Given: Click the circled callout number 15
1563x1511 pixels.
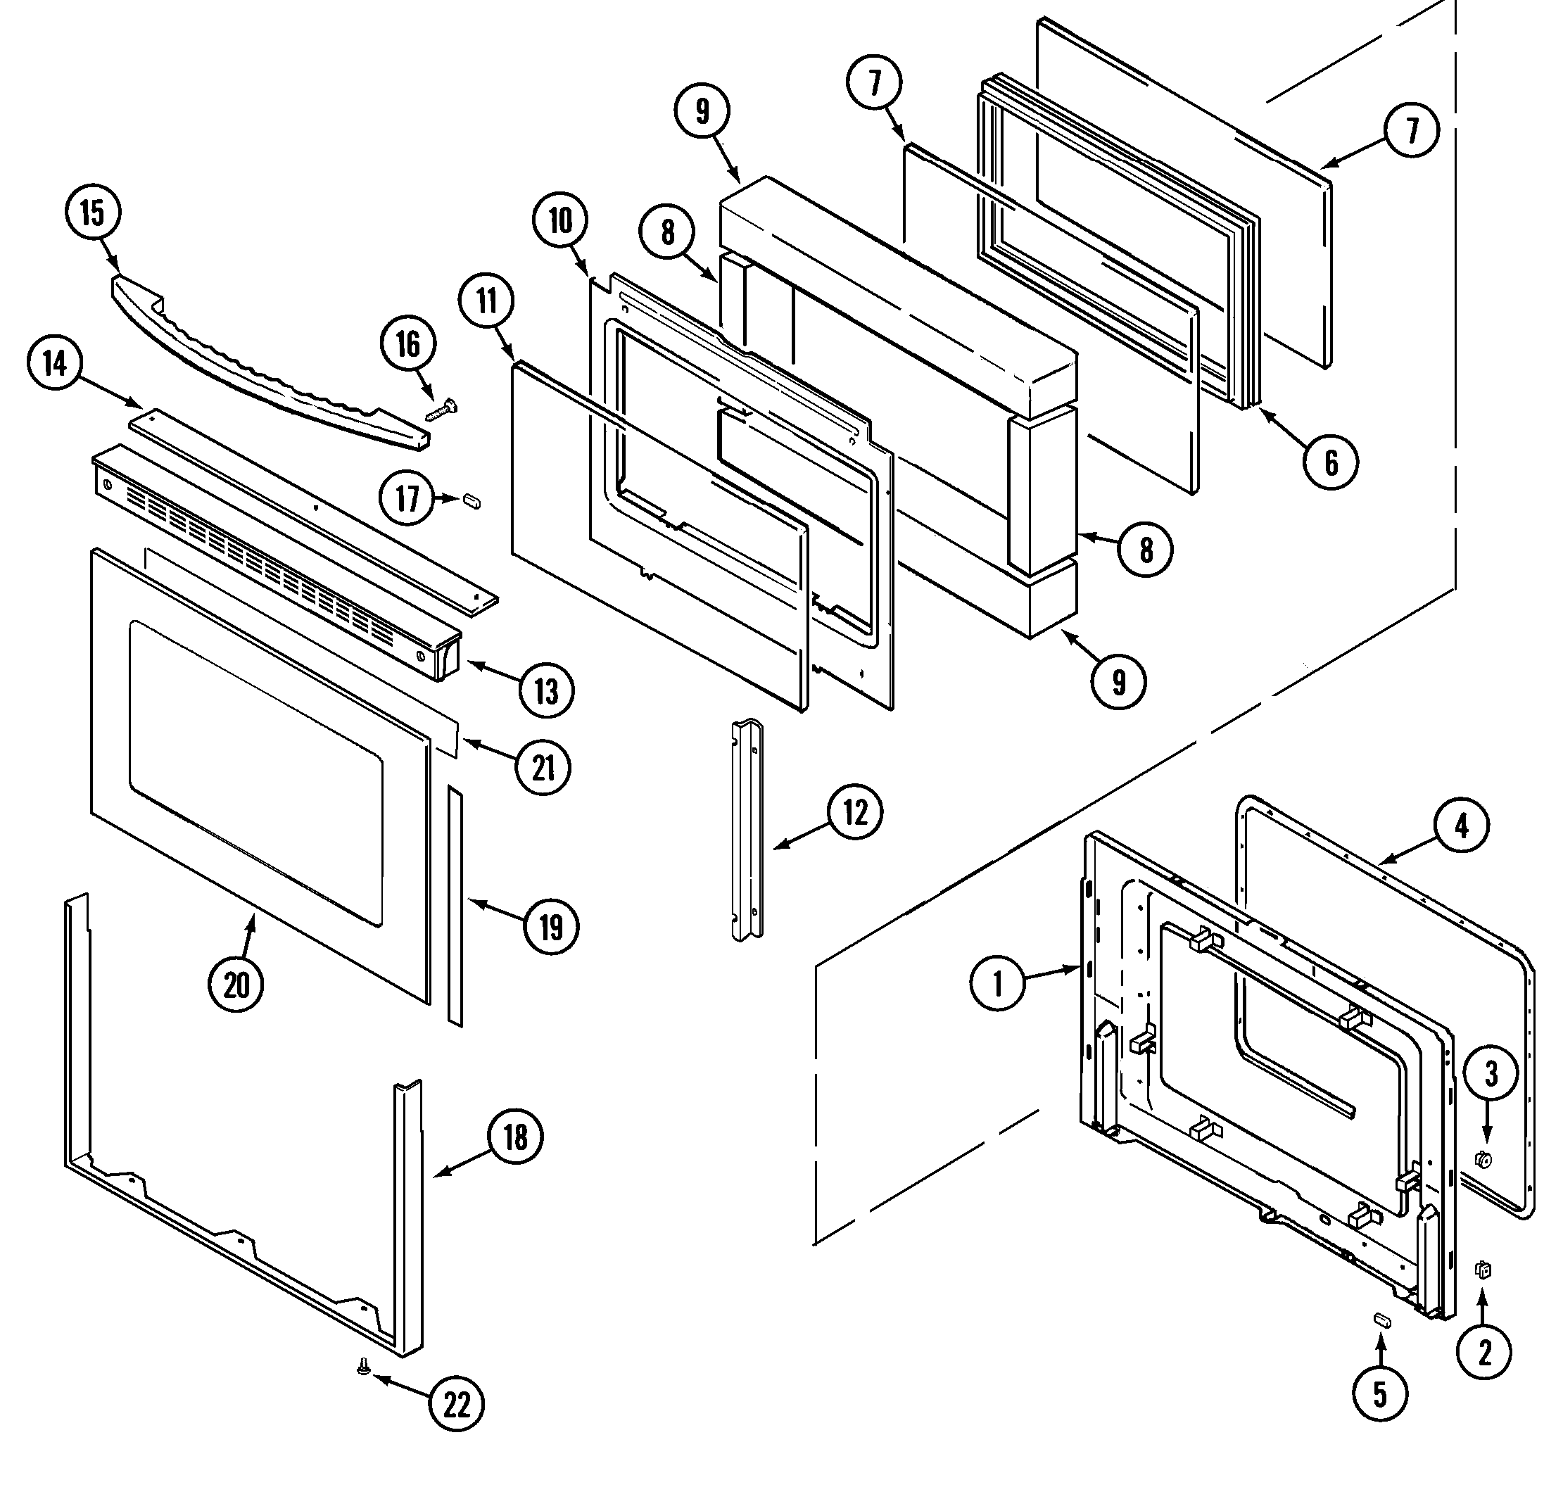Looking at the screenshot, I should (91, 214).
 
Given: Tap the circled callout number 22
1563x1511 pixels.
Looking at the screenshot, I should (457, 1404).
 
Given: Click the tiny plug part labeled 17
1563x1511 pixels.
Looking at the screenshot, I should (472, 502).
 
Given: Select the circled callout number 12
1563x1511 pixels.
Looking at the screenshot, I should (854, 813).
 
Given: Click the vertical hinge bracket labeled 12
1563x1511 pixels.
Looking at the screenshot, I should (747, 829).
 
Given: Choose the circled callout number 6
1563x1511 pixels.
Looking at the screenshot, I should (1331, 462).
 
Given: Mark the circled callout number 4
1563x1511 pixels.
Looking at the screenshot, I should (1461, 827).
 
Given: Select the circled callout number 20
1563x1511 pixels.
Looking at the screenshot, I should (236, 985).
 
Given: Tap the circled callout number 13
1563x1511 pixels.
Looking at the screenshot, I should (546, 690).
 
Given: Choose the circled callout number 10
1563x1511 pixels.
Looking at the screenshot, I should (561, 221).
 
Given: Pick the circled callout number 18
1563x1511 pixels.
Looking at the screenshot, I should (515, 1137).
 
